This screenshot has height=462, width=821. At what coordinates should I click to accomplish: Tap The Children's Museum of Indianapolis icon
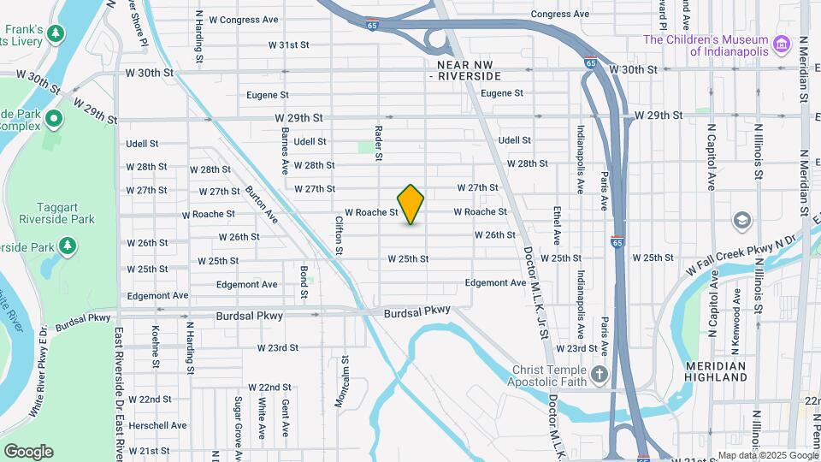[780, 44]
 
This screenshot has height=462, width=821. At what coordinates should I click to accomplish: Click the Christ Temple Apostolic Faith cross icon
[600, 375]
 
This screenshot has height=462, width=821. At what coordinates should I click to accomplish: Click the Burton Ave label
[261, 204]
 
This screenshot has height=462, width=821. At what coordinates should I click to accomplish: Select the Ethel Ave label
[557, 225]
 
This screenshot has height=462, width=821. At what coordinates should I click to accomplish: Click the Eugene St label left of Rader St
[266, 95]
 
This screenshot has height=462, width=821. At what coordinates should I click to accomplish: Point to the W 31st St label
[287, 44]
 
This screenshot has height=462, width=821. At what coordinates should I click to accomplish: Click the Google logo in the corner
[28, 451]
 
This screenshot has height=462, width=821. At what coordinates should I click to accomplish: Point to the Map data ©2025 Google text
[766, 455]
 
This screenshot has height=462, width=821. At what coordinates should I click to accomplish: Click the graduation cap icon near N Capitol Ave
[742, 222]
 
